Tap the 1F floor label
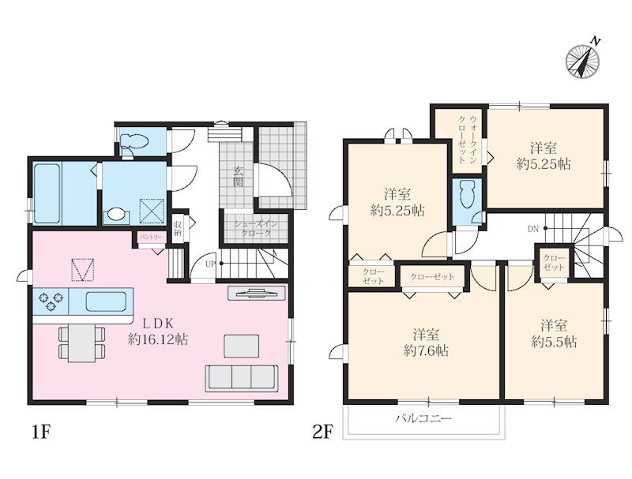click(x=41, y=432)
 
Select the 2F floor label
click(x=323, y=432)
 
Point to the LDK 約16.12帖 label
click(x=158, y=331)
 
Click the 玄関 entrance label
click(x=238, y=177)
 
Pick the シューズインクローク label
click(x=256, y=229)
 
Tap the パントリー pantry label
click(x=151, y=238)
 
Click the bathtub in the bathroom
click(x=47, y=193)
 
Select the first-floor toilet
click(x=135, y=142)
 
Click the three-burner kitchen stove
click(x=51, y=301)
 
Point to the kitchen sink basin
click(x=106, y=301)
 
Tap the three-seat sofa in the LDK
click(x=242, y=378)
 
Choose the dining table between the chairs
click(x=82, y=343)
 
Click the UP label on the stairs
click(x=211, y=264)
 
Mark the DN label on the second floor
click(x=532, y=230)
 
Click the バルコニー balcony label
click(x=423, y=418)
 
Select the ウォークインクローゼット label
click(x=468, y=139)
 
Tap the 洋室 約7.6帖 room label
click(x=426, y=343)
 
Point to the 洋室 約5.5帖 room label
click(x=555, y=334)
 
